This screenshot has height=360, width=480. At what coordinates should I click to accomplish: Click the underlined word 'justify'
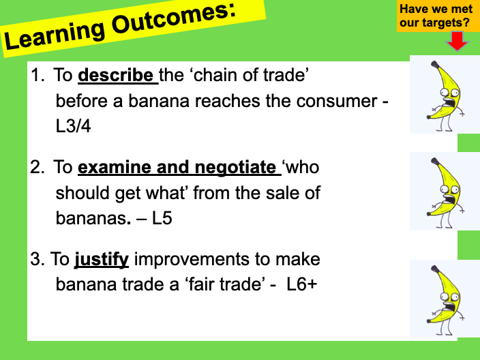(x=102, y=259)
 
